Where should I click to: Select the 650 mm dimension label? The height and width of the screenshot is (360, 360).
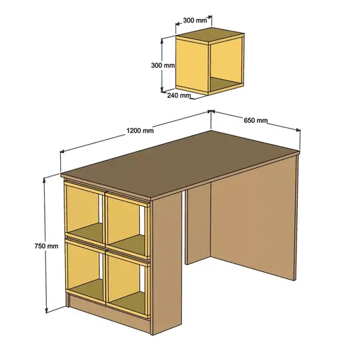point(256,120)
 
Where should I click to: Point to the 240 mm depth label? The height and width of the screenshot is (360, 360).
point(178,96)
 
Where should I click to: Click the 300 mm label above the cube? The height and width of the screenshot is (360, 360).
point(196,21)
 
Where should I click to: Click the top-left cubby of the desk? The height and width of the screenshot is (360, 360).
point(83,214)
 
